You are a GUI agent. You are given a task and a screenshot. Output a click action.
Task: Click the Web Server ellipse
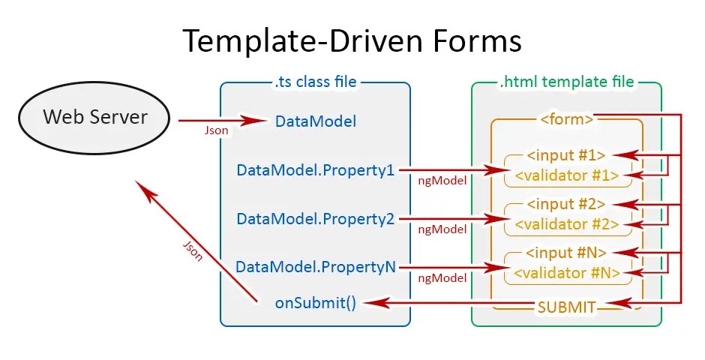click(x=95, y=118)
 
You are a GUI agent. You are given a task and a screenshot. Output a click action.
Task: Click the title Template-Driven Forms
click(x=352, y=40)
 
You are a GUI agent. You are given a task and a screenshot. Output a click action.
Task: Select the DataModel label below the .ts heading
click(x=316, y=121)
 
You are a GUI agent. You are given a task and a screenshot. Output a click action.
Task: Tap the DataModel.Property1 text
click(x=315, y=170)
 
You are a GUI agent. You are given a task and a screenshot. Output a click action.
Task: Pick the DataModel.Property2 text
click(x=315, y=219)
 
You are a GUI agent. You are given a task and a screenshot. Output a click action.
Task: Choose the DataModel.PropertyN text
click(x=315, y=267)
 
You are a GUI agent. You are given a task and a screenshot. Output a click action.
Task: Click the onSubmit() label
click(x=316, y=303)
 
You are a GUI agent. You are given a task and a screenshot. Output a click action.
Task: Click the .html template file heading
click(x=566, y=81)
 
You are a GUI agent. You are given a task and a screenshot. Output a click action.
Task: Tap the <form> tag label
click(x=566, y=118)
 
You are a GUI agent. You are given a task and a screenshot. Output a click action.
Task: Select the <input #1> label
click(x=566, y=156)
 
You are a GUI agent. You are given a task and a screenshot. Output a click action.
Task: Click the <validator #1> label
click(x=566, y=176)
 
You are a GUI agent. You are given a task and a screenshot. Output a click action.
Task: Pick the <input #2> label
click(x=566, y=204)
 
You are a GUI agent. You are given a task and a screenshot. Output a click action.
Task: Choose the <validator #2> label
click(x=566, y=224)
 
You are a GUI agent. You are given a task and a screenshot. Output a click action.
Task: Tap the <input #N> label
click(x=566, y=252)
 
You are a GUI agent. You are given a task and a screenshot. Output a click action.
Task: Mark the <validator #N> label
click(x=566, y=274)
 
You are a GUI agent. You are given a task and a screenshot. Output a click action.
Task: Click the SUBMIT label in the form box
click(x=566, y=307)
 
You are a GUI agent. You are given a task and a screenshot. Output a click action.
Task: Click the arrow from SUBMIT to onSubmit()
click(x=450, y=303)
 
